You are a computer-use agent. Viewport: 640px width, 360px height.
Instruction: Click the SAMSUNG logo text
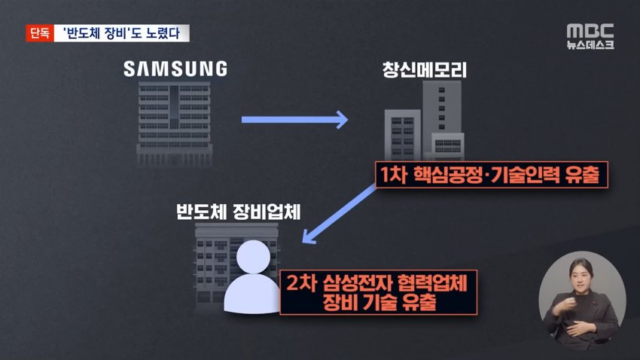pyautogui.click(x=175, y=69)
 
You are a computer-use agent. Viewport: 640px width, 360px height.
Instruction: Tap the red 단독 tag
pyautogui.click(x=38, y=33)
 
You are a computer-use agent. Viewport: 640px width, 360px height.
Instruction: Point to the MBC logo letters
pyautogui.click(x=590, y=31)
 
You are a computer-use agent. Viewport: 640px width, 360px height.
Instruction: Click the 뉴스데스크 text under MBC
pyautogui.click(x=590, y=45)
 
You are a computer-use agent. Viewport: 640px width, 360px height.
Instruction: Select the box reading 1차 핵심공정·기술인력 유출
pyautogui.click(x=489, y=175)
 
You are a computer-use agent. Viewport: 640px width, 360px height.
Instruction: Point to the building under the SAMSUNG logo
pyautogui.click(x=175, y=124)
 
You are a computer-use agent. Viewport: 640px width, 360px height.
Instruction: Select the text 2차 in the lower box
pyautogui.click(x=301, y=284)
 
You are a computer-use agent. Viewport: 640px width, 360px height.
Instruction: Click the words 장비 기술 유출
pyautogui.click(x=378, y=303)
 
